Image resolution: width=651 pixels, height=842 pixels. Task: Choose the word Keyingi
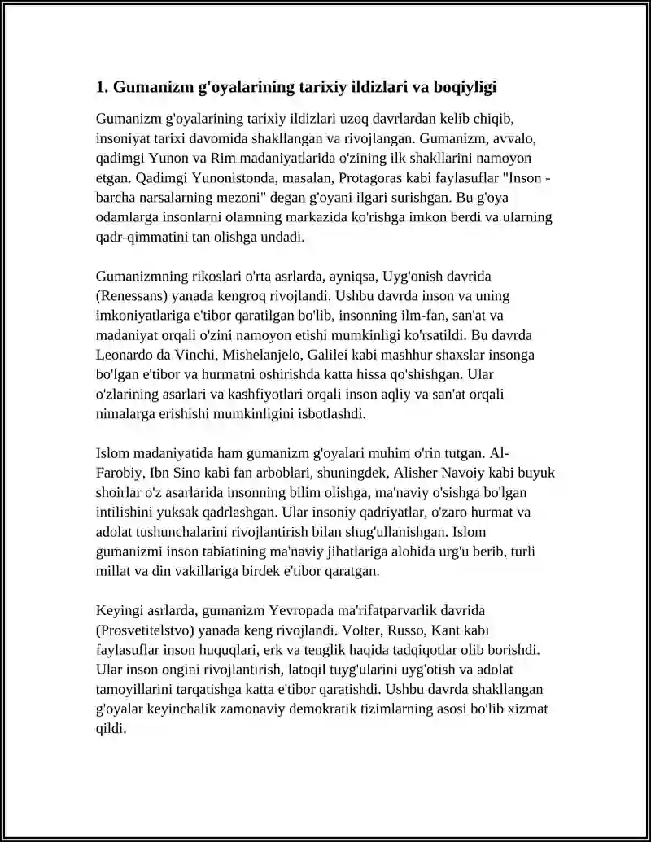[120, 610]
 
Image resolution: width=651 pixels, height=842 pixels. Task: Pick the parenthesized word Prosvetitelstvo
[148, 630]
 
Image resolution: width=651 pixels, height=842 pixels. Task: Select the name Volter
[352, 630]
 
